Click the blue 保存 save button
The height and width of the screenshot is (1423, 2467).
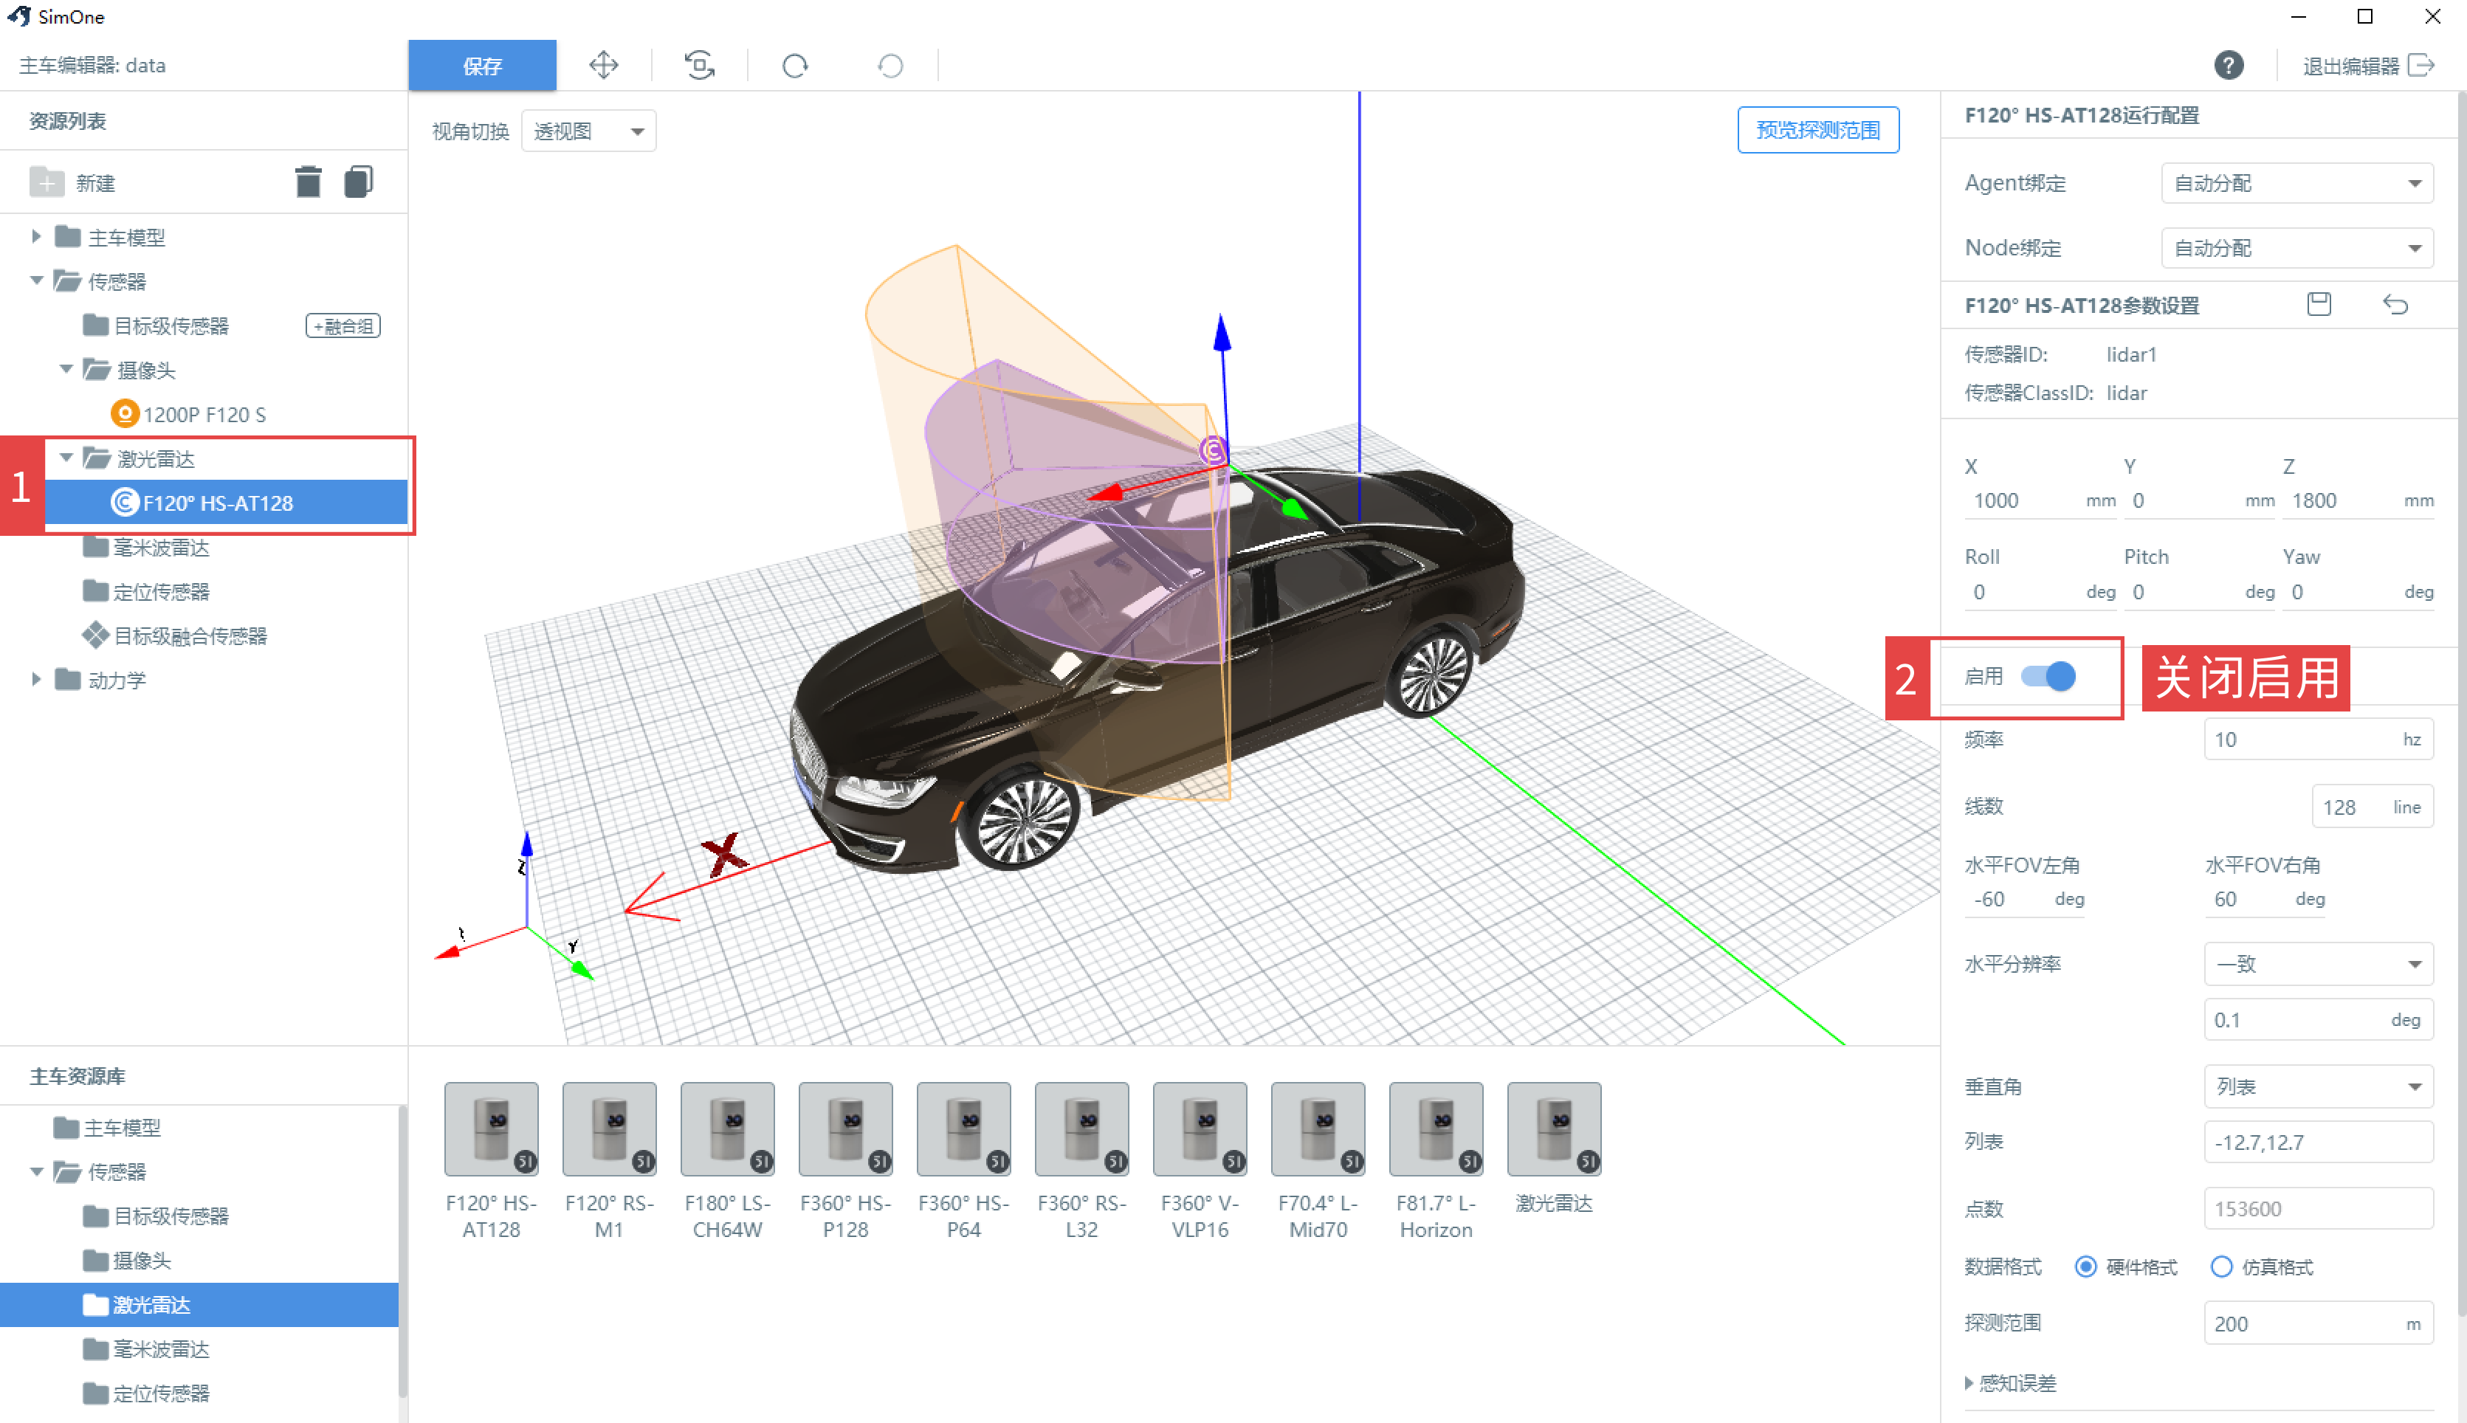point(482,66)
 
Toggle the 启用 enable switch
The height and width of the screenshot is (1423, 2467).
point(2048,676)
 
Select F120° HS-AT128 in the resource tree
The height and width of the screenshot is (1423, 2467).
point(217,503)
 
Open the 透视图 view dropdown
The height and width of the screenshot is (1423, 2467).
point(588,131)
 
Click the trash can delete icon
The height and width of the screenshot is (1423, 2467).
point(308,182)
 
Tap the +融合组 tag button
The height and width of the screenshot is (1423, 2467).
point(343,325)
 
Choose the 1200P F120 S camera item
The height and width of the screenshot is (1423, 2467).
point(189,414)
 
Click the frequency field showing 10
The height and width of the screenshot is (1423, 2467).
point(2317,740)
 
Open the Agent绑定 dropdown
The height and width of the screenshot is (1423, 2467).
point(2297,183)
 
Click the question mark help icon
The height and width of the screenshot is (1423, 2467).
point(2229,66)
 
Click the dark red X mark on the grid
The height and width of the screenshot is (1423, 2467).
point(724,854)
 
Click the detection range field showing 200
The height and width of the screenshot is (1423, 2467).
point(2317,1323)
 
